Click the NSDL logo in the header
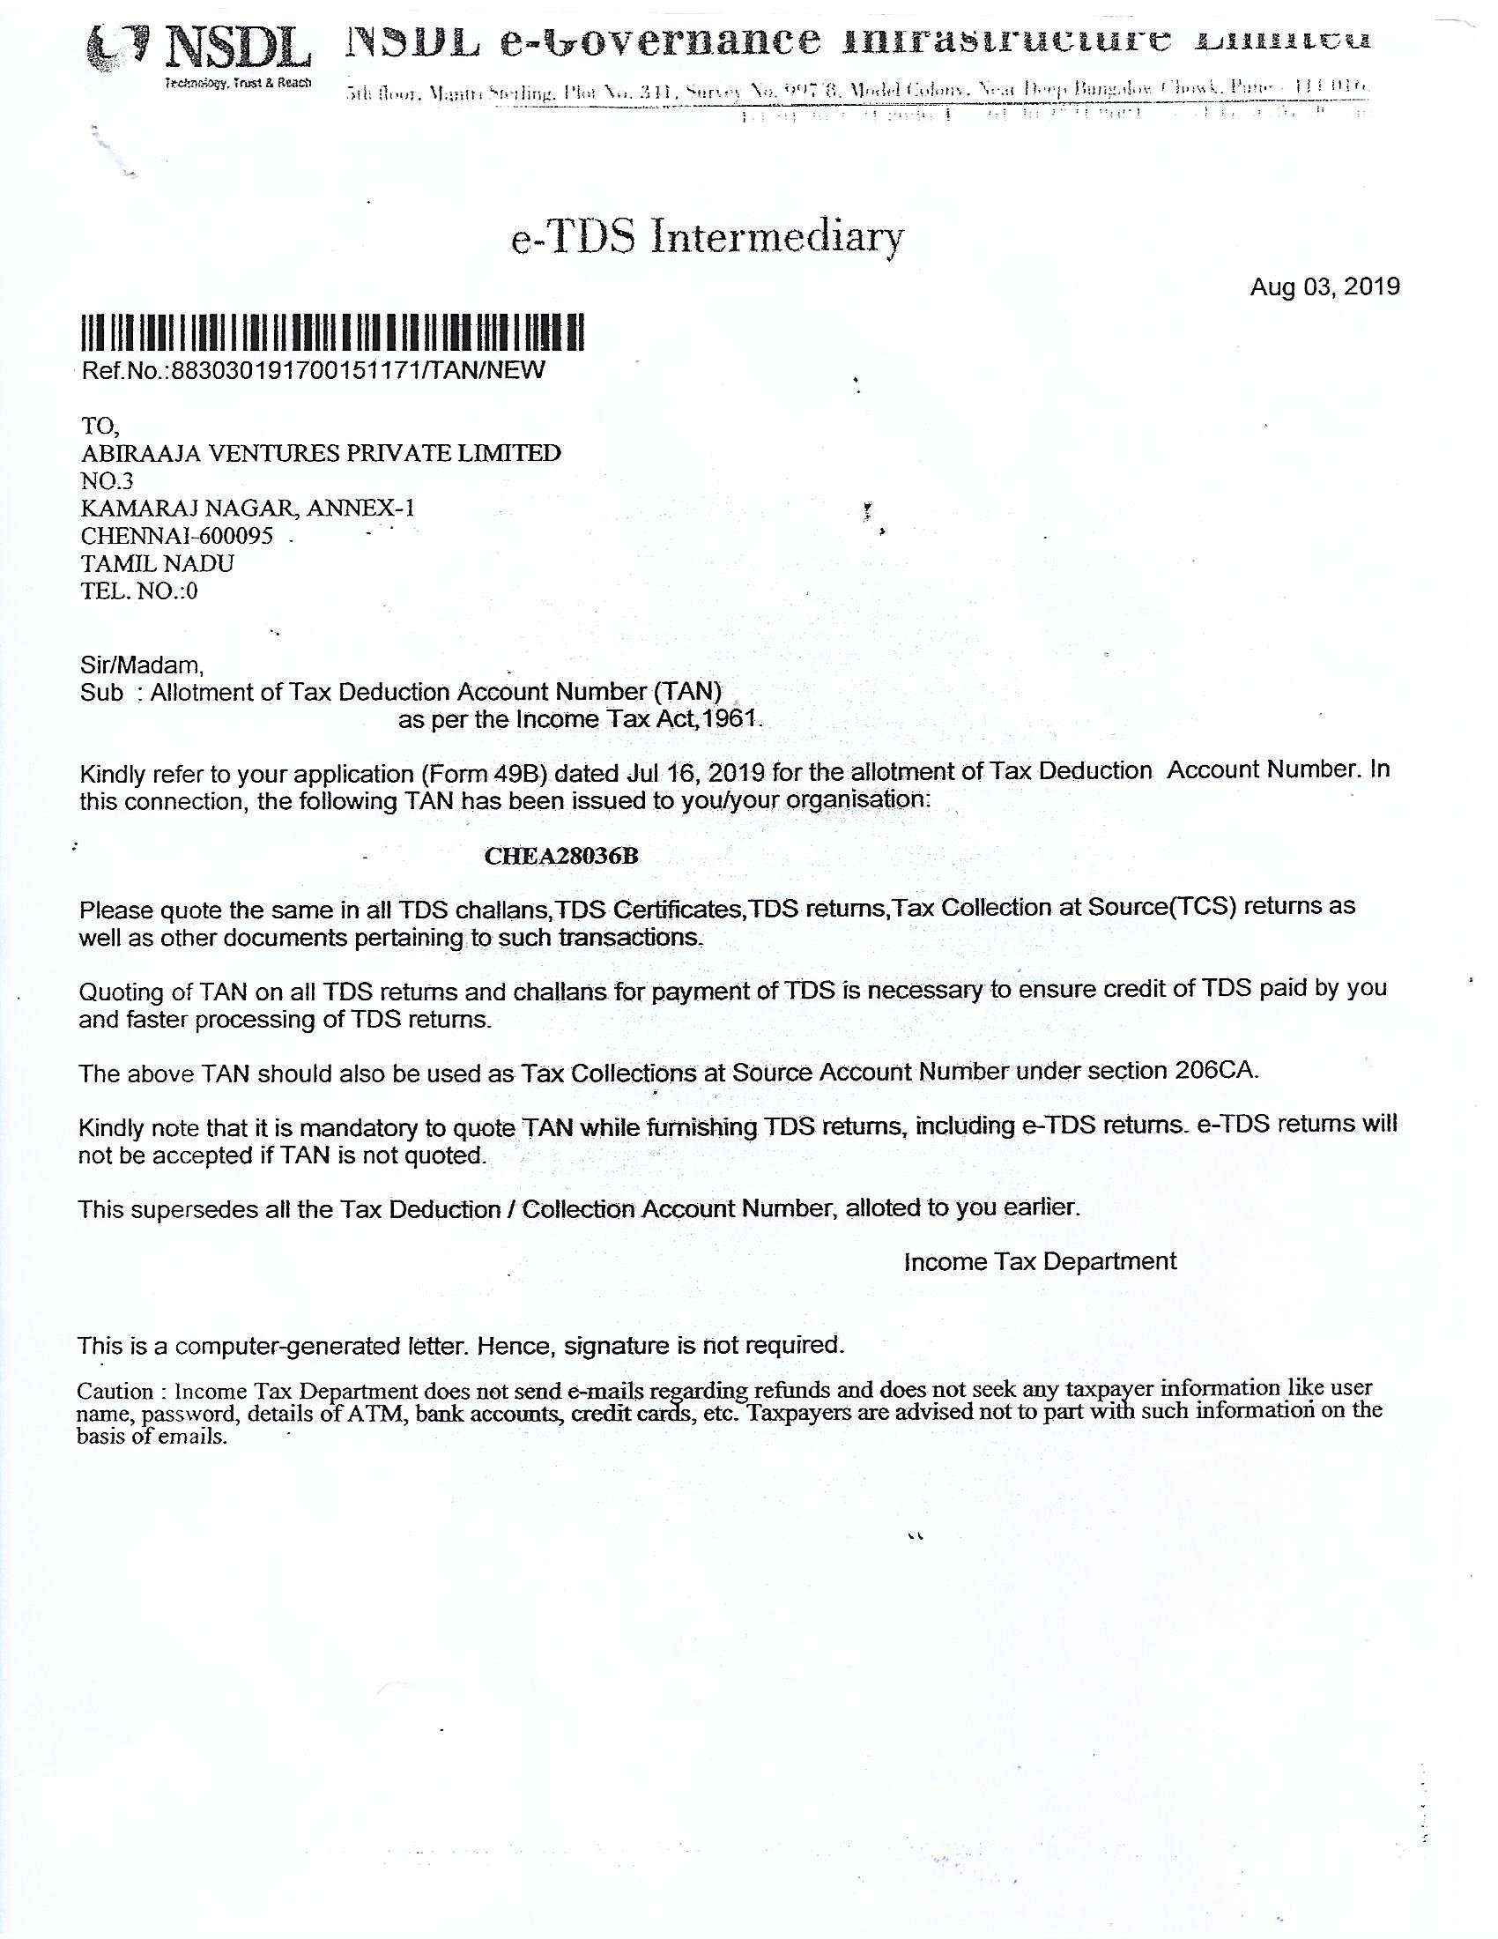(x=199, y=48)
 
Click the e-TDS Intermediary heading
(x=708, y=238)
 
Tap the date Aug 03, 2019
(x=1324, y=286)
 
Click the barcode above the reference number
(x=333, y=335)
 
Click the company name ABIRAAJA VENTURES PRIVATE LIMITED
(x=321, y=454)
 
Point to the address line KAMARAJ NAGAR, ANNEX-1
(x=248, y=509)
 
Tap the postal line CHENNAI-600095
(x=176, y=536)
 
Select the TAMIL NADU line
(x=158, y=564)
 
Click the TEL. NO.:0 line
(x=139, y=591)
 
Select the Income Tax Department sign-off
(x=1040, y=1261)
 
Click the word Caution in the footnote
(x=115, y=1390)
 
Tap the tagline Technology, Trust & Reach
(x=238, y=83)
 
